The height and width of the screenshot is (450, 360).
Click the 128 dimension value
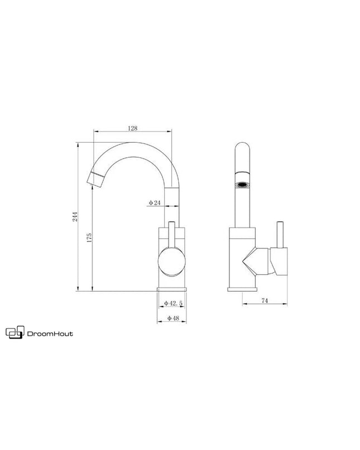[x=132, y=128]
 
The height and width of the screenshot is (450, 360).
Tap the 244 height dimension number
[x=75, y=216]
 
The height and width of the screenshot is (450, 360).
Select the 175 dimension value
[x=89, y=238]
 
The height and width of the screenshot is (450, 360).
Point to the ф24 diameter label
[x=155, y=203]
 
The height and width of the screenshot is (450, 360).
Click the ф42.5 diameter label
[x=173, y=303]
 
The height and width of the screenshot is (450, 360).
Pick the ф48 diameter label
[x=173, y=318]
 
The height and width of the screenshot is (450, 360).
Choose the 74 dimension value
[x=265, y=301]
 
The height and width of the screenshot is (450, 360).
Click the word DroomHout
[x=50, y=334]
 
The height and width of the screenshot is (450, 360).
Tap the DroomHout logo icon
[x=15, y=332]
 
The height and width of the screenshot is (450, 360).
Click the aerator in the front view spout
[x=242, y=184]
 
